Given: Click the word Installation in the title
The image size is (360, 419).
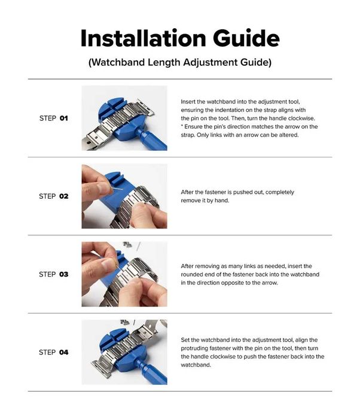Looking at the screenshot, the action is tap(143, 38).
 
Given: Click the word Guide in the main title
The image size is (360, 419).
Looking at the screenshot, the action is tap(246, 38).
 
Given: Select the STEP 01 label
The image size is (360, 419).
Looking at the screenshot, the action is tap(53, 118).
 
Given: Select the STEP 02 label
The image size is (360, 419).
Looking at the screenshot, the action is tap(53, 196).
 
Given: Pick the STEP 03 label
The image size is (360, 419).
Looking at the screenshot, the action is tap(53, 274).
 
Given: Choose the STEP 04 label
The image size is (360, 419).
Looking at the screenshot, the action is tap(53, 352).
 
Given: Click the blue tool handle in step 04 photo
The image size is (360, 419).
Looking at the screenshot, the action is tap(152, 372).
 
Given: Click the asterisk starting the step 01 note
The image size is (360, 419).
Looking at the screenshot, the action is tap(182, 125).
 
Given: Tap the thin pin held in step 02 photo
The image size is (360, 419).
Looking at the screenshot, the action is tap(117, 189).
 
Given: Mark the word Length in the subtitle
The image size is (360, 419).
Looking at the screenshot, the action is tap(164, 62).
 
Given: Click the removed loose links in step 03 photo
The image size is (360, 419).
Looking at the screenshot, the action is tap(127, 244).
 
